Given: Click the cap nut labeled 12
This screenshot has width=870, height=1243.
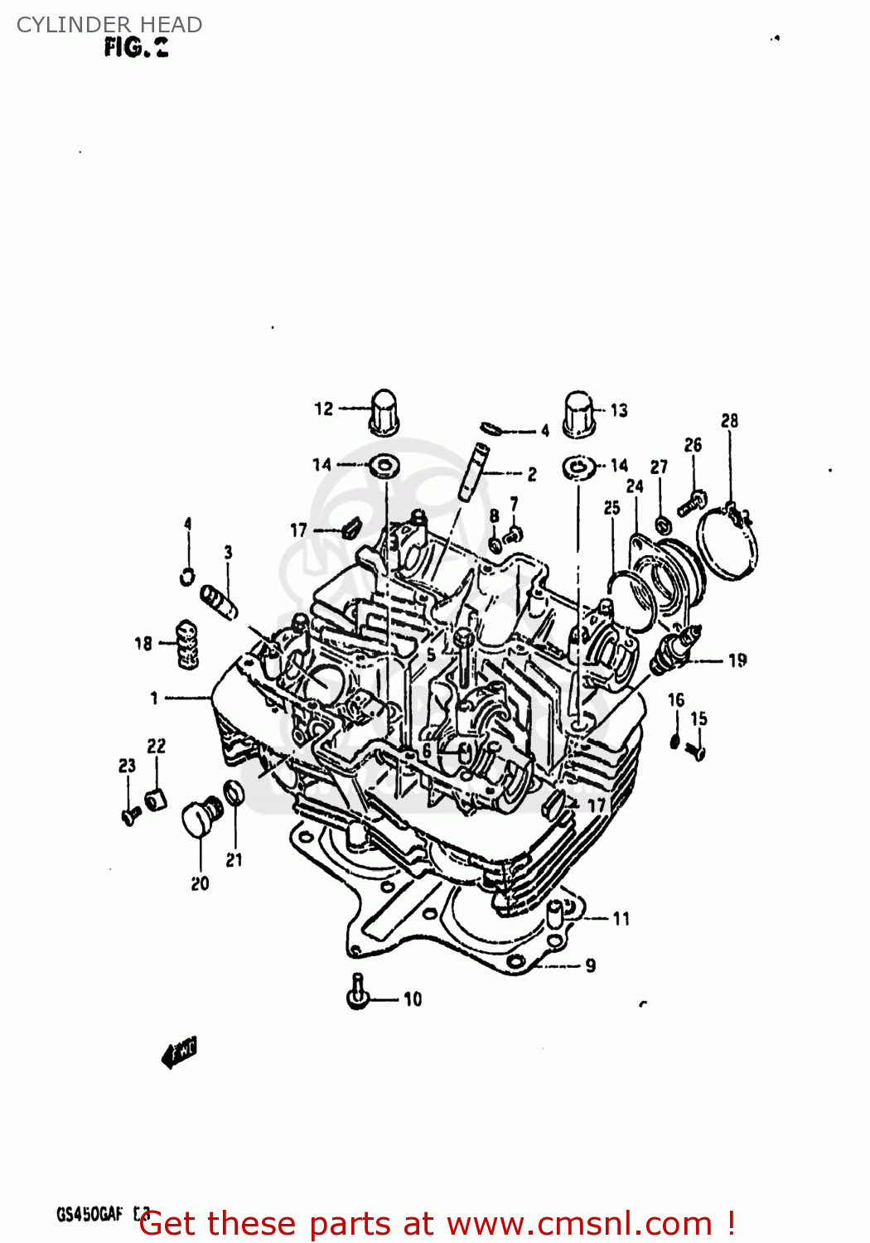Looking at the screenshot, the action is (383, 412).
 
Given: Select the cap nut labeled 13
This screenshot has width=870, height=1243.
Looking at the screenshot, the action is (578, 414).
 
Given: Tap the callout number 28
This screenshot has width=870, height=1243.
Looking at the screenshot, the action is (729, 421).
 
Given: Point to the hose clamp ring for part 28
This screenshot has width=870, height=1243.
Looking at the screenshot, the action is (727, 544).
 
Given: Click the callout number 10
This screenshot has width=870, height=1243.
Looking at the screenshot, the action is (413, 999).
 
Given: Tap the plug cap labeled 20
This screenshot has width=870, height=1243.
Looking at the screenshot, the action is (199, 819).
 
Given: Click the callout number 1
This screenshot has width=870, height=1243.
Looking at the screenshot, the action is (154, 699).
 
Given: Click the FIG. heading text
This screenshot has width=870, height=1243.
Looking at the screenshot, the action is (136, 48).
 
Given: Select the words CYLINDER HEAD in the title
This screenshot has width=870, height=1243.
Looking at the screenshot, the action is (109, 25).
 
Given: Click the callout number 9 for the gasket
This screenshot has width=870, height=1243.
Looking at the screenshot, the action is (590, 965).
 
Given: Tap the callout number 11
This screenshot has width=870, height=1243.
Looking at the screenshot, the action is (621, 918).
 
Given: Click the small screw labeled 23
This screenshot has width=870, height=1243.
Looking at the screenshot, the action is (130, 817).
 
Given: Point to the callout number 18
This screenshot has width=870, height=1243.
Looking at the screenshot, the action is (143, 643).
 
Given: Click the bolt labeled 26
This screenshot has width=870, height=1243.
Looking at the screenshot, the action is (692, 502).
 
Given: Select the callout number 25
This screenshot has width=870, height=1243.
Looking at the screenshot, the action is (611, 508).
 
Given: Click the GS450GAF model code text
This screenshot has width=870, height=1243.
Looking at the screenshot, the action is (89, 1215).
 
